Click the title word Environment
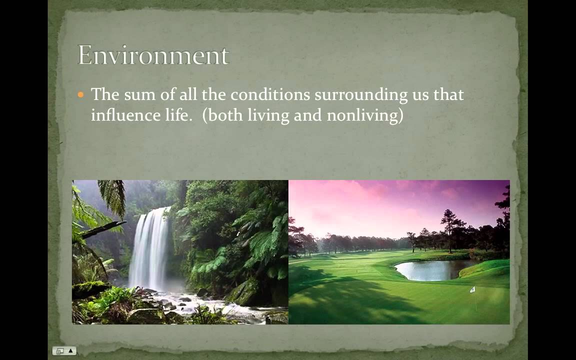pos(153,55)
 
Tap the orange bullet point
pos(81,95)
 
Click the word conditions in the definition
pos(270,94)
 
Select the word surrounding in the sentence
pos(361,95)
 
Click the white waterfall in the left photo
pos(150,248)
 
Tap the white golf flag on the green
pos(472,289)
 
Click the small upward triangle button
pos(70,351)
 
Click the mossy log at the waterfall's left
pos(91,288)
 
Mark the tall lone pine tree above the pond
pos(450,229)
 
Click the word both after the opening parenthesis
pos(223,115)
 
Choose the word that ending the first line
pos(448,94)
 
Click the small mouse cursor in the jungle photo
pos(238,233)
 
